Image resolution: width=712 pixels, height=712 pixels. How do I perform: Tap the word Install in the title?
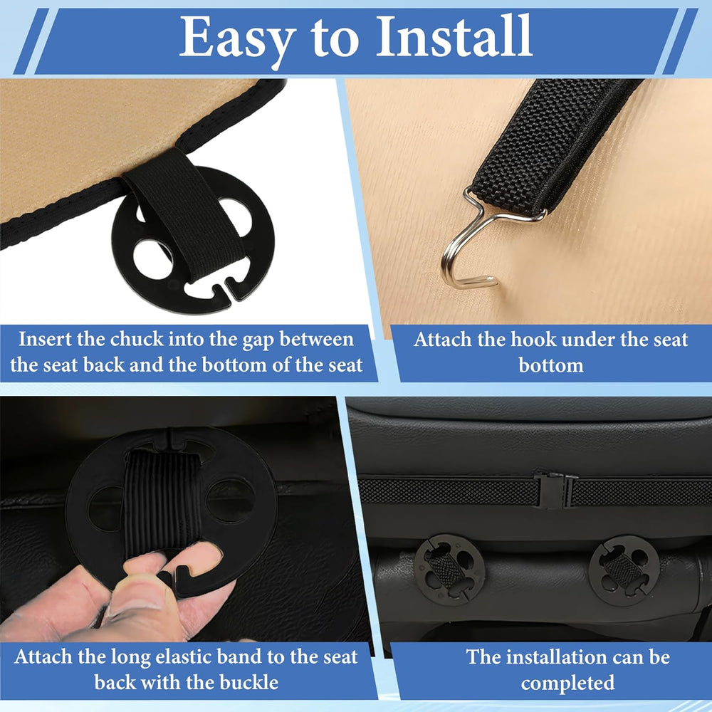(x=454, y=36)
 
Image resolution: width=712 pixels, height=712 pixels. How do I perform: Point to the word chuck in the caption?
(x=137, y=339)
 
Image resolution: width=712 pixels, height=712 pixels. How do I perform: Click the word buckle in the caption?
(x=248, y=683)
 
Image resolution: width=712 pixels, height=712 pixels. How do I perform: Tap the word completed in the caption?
(x=567, y=684)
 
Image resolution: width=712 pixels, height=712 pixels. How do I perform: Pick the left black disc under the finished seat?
(x=449, y=569)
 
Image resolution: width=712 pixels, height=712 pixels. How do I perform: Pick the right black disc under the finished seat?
(x=624, y=570)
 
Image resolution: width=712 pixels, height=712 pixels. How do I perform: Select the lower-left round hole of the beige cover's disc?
(x=152, y=259)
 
